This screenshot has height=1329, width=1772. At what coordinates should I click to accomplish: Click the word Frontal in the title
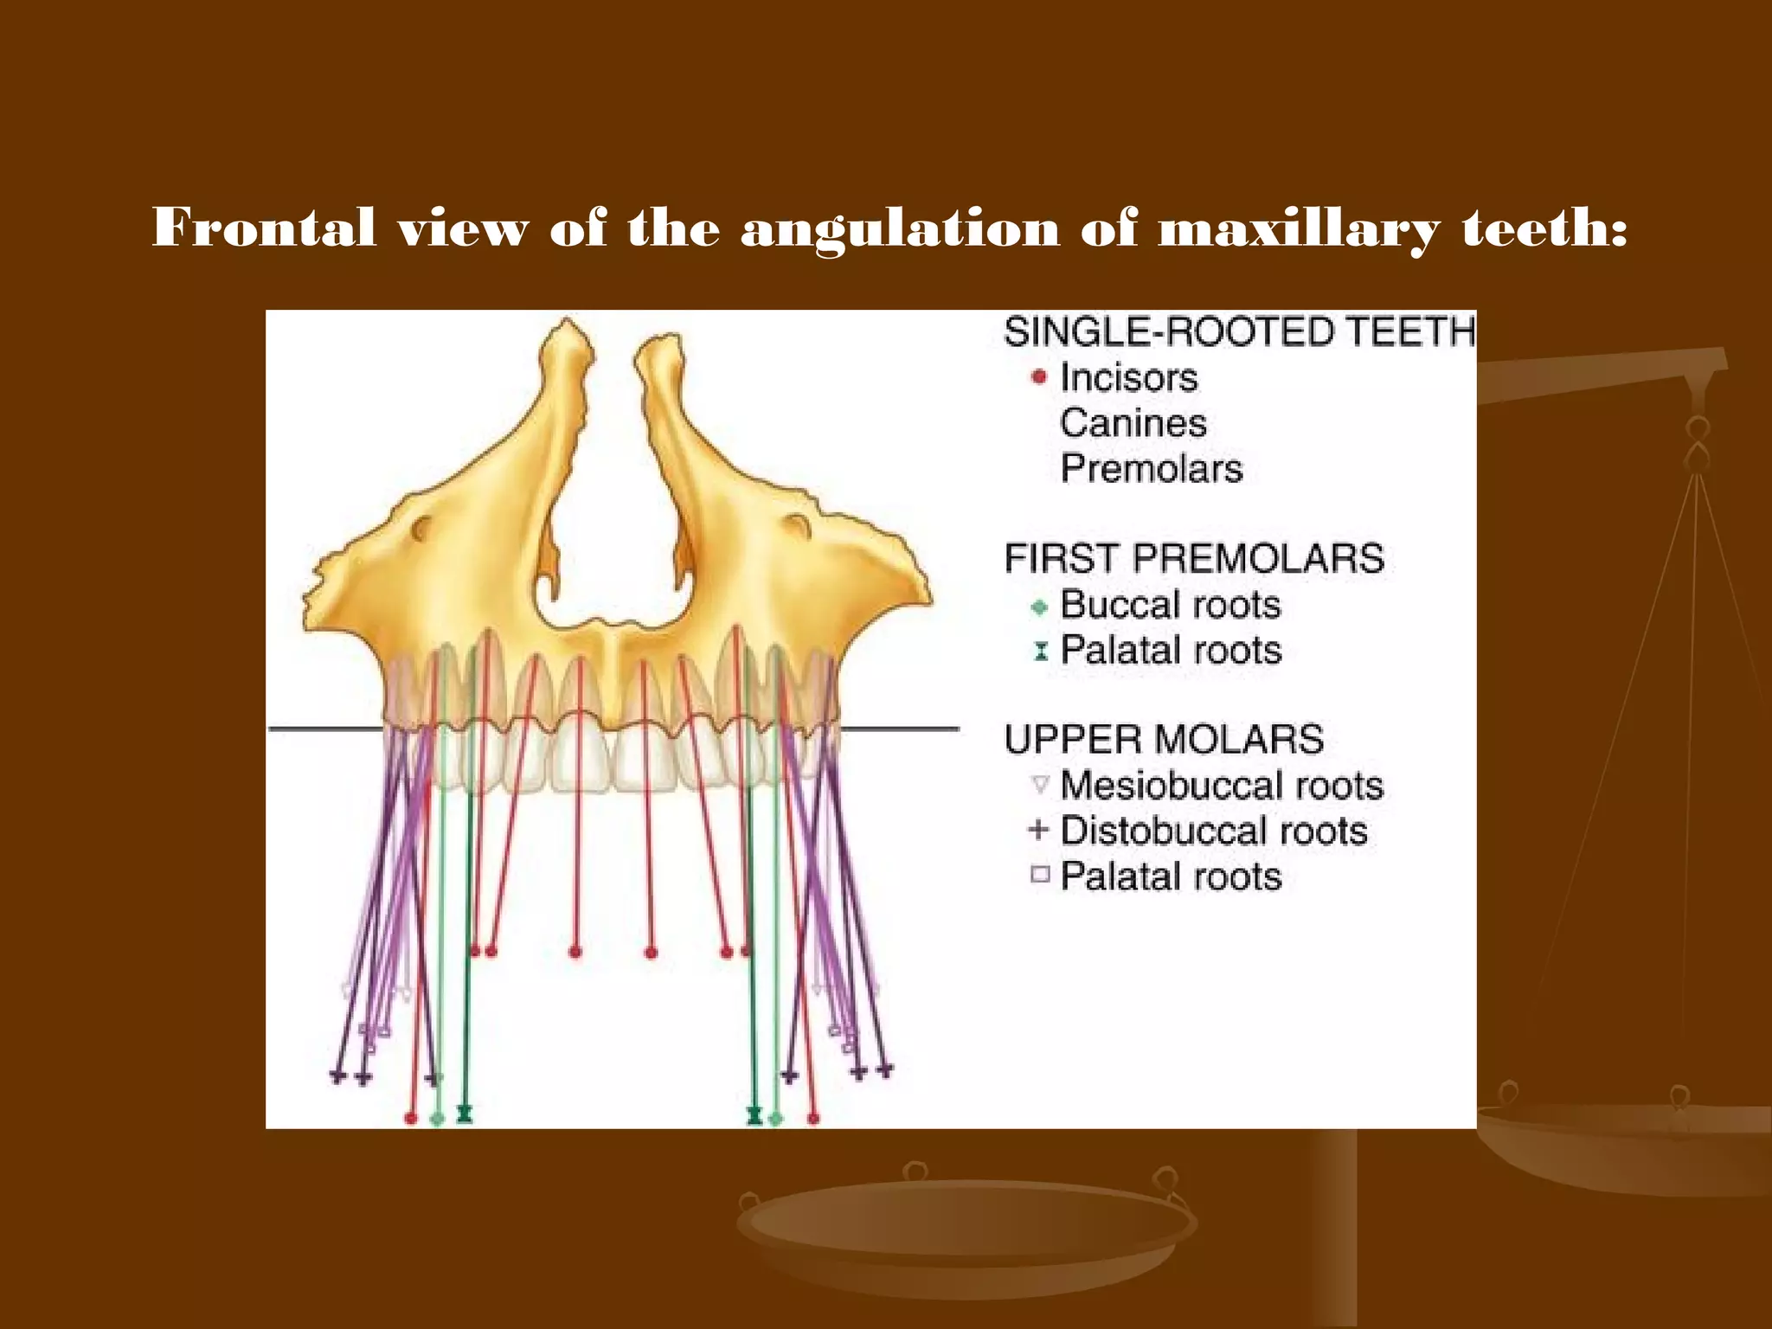pyautogui.click(x=264, y=228)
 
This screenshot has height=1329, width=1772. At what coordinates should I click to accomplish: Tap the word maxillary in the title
pyautogui.click(x=1298, y=228)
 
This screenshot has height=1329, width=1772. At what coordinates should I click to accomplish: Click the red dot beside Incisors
pyautogui.click(x=1039, y=377)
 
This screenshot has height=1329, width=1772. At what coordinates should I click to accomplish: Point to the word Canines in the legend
pyautogui.click(x=1133, y=423)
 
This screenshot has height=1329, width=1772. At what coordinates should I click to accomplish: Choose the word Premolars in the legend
pyautogui.click(x=1152, y=469)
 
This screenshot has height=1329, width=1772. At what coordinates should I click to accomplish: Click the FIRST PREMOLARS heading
pyautogui.click(x=1194, y=558)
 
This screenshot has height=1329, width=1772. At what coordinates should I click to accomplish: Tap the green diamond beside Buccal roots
pyautogui.click(x=1040, y=607)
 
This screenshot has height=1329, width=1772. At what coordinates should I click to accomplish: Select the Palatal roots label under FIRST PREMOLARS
pyautogui.click(x=1171, y=650)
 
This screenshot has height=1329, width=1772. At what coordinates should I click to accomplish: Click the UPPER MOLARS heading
pyautogui.click(x=1164, y=740)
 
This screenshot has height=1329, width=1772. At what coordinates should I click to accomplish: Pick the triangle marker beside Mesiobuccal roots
pyautogui.click(x=1040, y=785)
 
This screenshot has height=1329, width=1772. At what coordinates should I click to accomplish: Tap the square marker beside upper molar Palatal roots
pyautogui.click(x=1040, y=875)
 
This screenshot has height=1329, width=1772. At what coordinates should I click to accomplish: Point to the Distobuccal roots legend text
pyautogui.click(x=1214, y=831)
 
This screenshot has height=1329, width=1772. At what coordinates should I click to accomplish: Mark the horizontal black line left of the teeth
pyautogui.click(x=324, y=729)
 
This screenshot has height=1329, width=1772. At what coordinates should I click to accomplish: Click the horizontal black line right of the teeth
pyautogui.click(x=900, y=729)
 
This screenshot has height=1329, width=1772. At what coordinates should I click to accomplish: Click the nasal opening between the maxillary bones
pyautogui.click(x=613, y=528)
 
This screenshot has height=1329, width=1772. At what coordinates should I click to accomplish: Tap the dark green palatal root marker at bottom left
pyautogui.click(x=465, y=1113)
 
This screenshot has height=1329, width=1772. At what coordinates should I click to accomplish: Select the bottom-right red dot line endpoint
pyautogui.click(x=813, y=1119)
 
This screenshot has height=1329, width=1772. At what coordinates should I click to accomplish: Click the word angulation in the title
pyautogui.click(x=900, y=228)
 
